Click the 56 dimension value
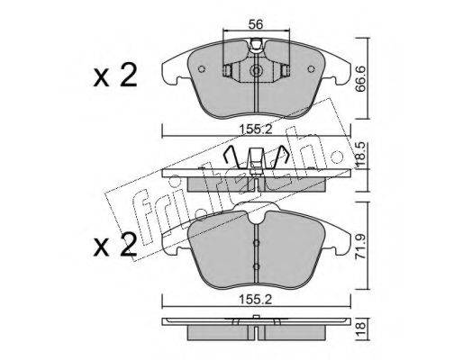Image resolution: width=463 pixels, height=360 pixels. pyautogui.click(x=256, y=24)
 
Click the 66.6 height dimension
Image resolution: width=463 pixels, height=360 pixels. pyautogui.click(x=361, y=79)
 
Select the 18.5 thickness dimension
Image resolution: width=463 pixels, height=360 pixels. pyautogui.click(x=361, y=155)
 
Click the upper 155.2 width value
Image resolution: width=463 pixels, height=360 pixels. pyautogui.click(x=256, y=130)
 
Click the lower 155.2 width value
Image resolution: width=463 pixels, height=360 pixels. pyautogui.click(x=256, y=300)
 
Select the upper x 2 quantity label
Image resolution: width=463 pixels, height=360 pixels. pyautogui.click(x=115, y=75)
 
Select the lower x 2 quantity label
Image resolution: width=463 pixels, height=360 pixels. pyautogui.click(x=115, y=245)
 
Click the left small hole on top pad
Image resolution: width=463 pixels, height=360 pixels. pyautogui.click(x=202, y=69)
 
